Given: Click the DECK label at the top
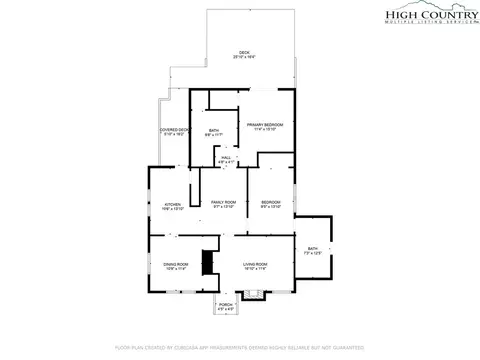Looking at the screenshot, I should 243,53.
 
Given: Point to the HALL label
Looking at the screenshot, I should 226,157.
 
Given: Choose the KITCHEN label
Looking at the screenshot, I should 172,203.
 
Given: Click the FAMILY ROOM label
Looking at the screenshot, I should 223,203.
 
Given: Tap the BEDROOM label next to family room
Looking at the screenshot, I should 271,203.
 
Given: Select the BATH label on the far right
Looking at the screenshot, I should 313,248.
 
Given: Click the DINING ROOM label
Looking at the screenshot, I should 176,264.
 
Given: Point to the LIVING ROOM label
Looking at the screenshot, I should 256,264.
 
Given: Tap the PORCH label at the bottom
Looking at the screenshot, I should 226,304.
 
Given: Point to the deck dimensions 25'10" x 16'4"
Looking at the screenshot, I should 243,58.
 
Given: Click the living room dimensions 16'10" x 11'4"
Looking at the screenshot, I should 256,269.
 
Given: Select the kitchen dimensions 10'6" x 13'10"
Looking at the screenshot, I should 172,208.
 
